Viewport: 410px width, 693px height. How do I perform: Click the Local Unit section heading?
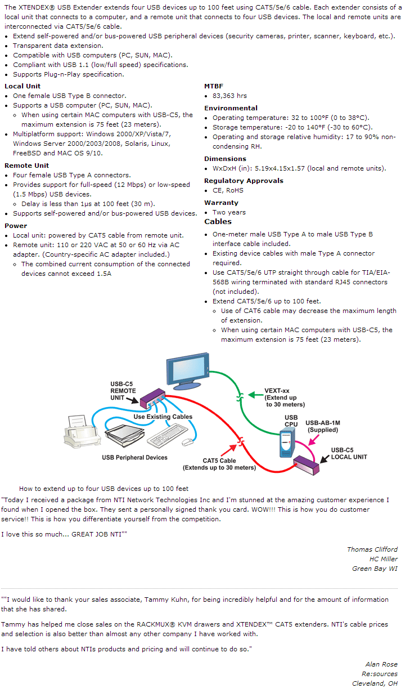tap(22, 86)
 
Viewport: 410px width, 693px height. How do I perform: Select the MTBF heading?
tap(214, 86)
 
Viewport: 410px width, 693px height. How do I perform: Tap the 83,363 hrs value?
tap(229, 96)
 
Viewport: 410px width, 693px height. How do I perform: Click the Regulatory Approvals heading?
tap(244, 181)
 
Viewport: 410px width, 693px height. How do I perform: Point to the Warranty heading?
tap(221, 203)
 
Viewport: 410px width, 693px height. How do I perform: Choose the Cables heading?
tap(218, 221)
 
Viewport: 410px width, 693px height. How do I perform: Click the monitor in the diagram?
tap(187, 370)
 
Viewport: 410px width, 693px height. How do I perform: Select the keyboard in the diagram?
tap(167, 436)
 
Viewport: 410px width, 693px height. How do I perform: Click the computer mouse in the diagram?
tap(187, 442)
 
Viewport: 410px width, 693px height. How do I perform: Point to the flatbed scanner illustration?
tap(124, 435)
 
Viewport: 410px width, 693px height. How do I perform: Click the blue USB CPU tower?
tap(287, 444)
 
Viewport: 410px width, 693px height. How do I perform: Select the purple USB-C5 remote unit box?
tap(152, 399)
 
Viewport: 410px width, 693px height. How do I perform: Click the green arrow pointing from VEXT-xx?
tap(255, 395)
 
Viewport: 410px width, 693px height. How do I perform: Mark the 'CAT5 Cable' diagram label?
tap(219, 460)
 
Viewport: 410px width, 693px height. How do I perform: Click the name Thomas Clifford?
tap(372, 549)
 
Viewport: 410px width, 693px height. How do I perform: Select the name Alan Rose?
tap(381, 664)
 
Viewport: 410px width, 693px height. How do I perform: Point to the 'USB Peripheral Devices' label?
tap(135, 458)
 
